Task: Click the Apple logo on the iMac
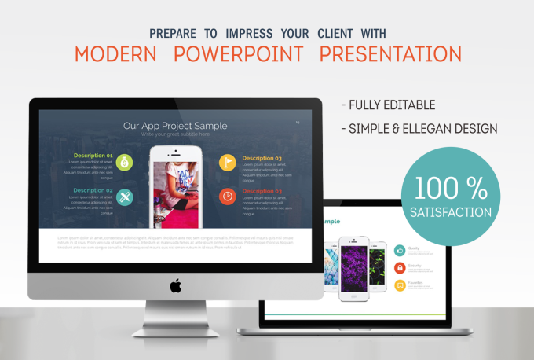pyautogui.click(x=175, y=285)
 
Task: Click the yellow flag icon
pyautogui.click(x=226, y=163)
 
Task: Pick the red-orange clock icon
pyautogui.click(x=226, y=196)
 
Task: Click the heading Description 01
pyautogui.click(x=93, y=156)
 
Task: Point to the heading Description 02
pyautogui.click(x=93, y=190)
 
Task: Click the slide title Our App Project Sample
pyautogui.click(x=175, y=125)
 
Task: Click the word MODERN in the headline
pyautogui.click(x=115, y=53)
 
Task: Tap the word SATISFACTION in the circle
pyautogui.click(x=451, y=211)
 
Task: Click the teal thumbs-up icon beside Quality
pyautogui.click(x=400, y=250)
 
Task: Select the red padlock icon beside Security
pyautogui.click(x=400, y=267)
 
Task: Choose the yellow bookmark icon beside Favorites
pyautogui.click(x=400, y=285)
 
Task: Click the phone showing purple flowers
pyautogui.click(x=353, y=266)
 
